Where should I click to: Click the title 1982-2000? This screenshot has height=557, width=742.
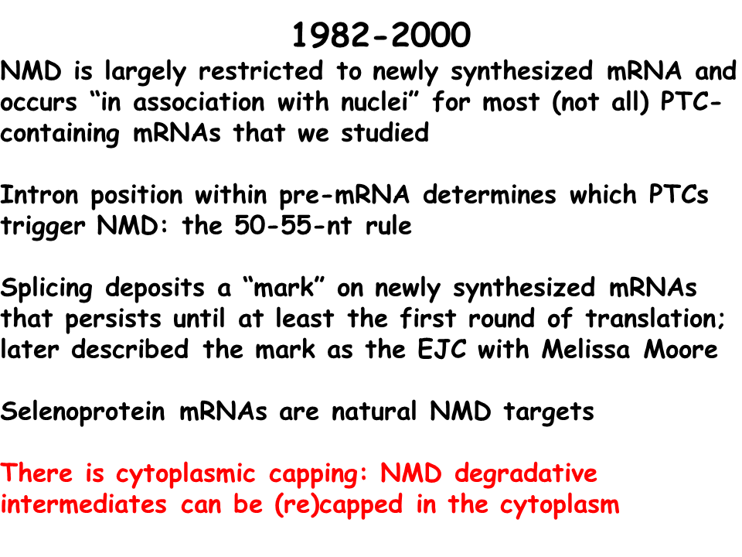[x=381, y=35]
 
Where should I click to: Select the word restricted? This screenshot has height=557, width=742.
[x=260, y=71]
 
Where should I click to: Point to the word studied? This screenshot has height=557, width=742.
[x=385, y=132]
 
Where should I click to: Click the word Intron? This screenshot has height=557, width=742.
[x=39, y=195]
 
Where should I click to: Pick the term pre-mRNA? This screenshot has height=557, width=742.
[x=344, y=196]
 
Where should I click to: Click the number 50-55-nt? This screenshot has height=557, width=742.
[x=293, y=225]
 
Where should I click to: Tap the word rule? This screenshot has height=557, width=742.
[x=389, y=225]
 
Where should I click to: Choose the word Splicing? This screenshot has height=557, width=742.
[x=46, y=289]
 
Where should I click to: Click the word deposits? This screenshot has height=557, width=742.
[x=155, y=289]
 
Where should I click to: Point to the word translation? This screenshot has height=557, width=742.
[x=655, y=319]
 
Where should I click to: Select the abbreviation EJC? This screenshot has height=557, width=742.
[x=441, y=350]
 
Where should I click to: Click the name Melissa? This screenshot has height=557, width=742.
[x=586, y=350]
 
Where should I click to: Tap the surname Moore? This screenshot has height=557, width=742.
[x=680, y=350]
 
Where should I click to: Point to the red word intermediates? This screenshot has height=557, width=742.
[x=83, y=504]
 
